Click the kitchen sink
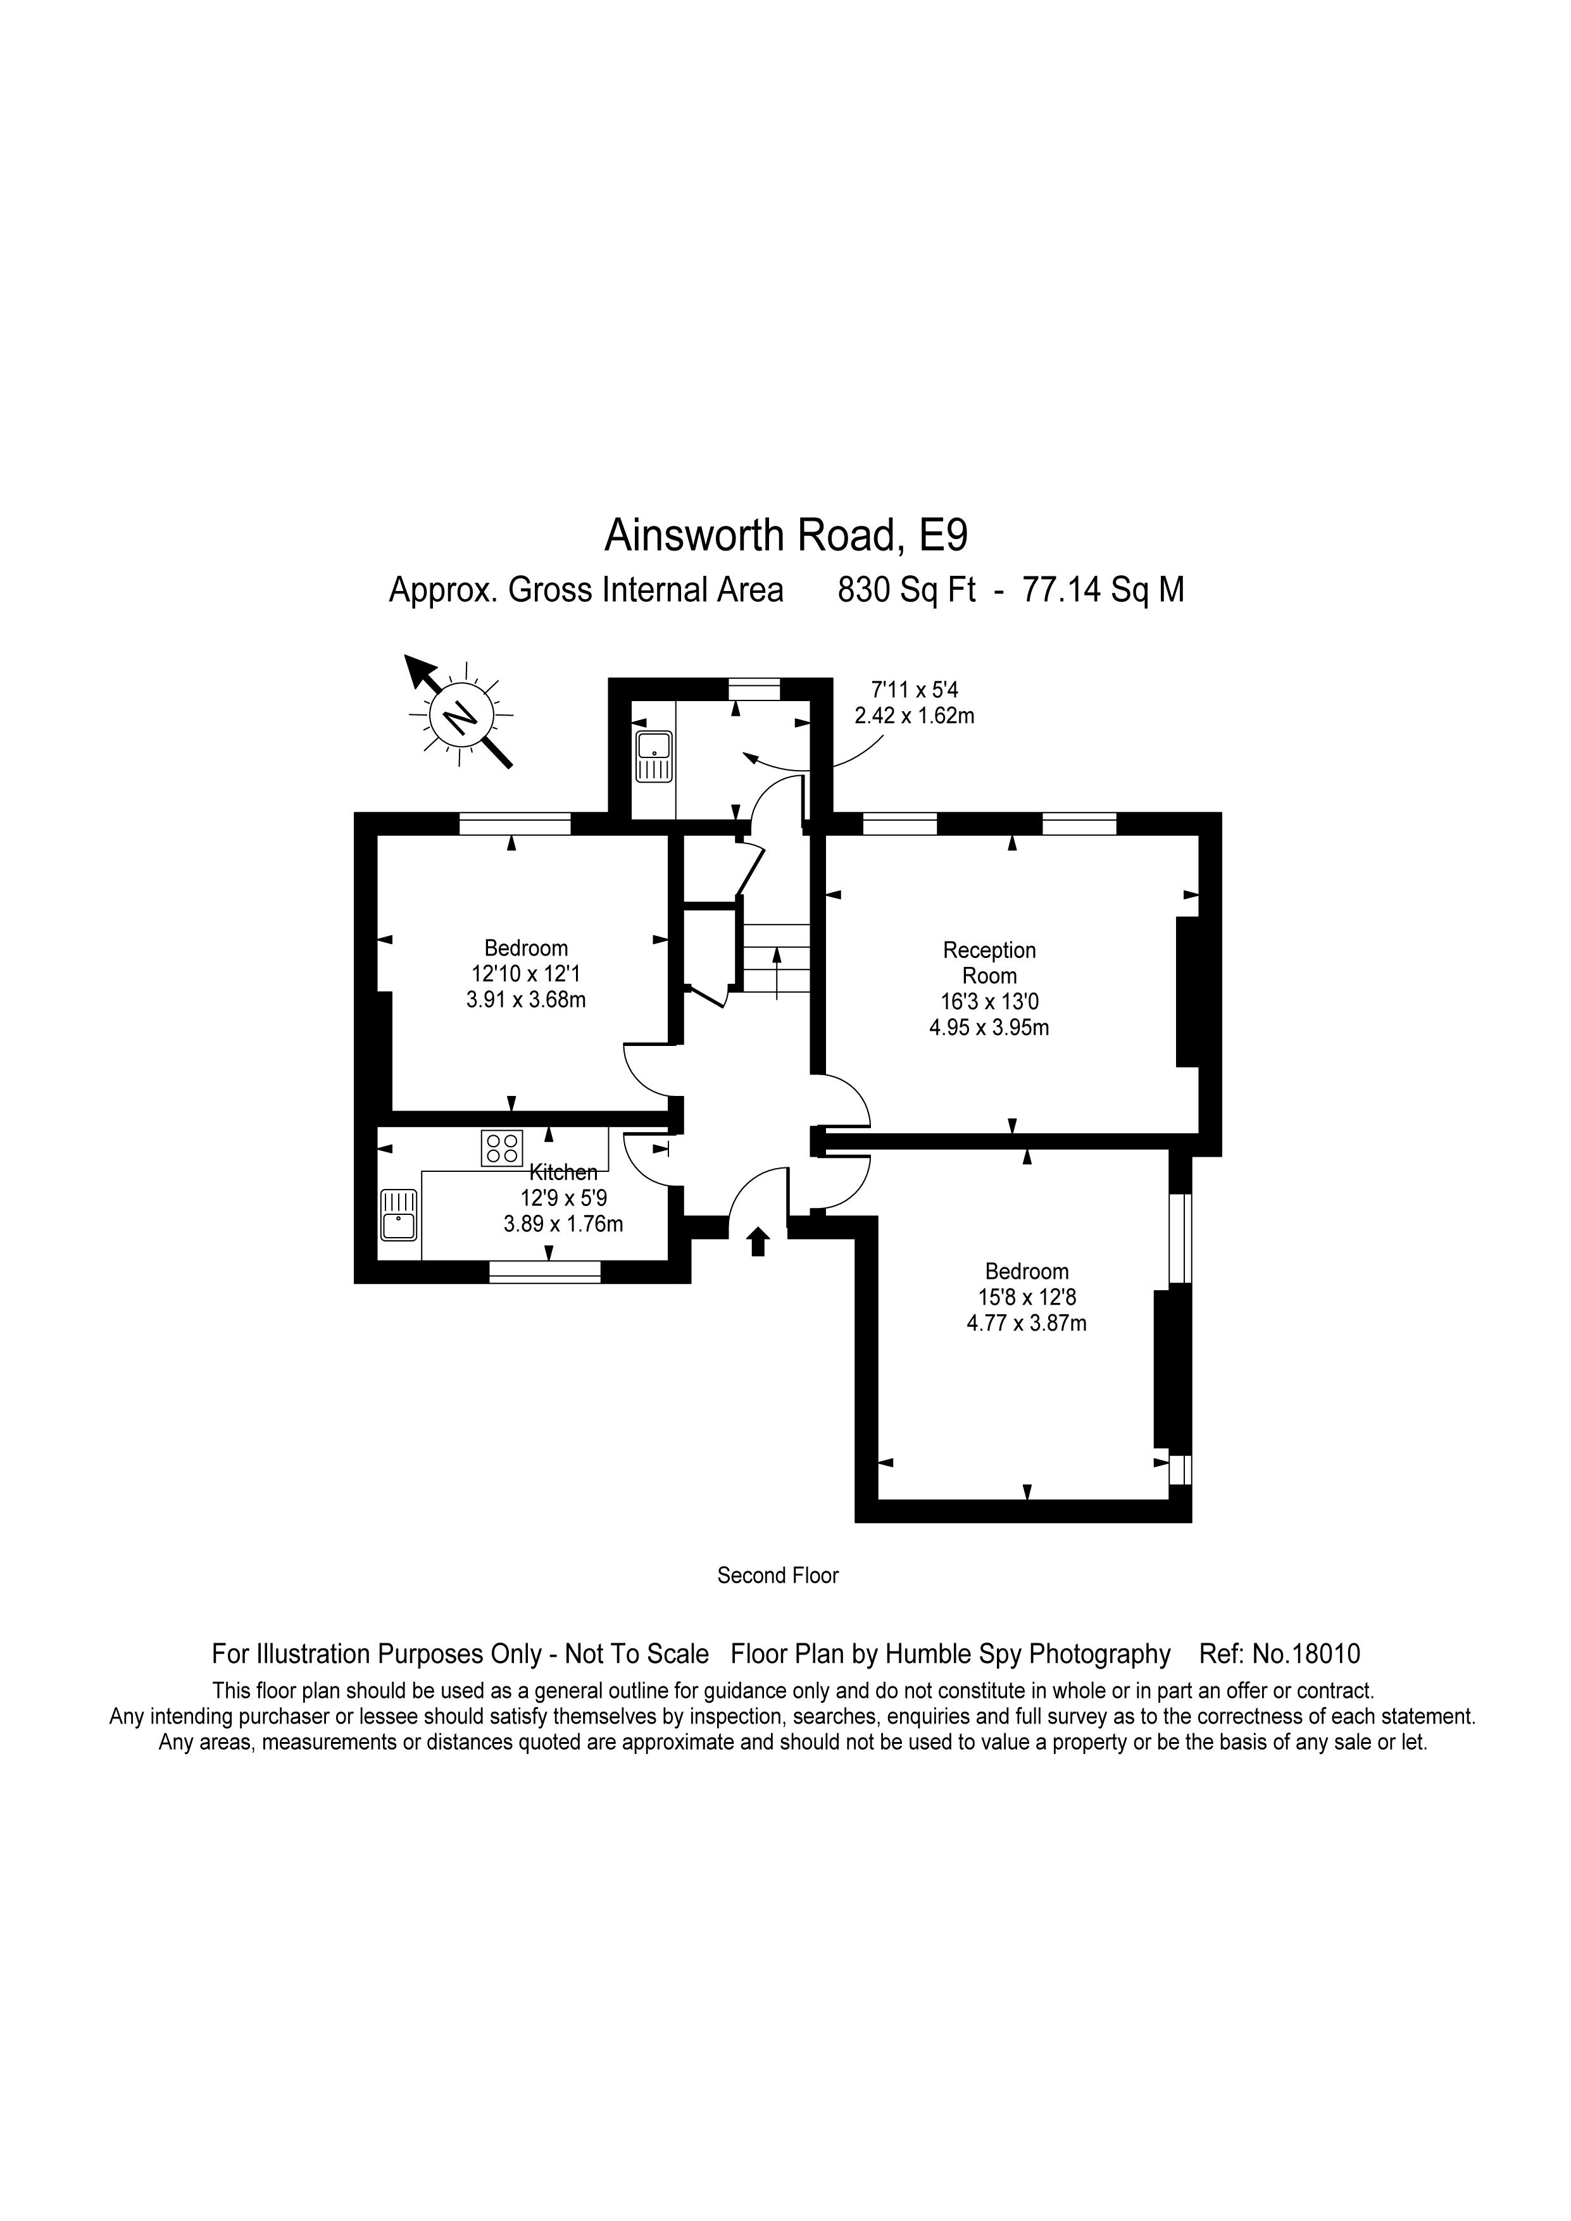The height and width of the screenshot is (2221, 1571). click(399, 1214)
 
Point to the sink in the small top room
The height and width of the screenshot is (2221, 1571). click(654, 756)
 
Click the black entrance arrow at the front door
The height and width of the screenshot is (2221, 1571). click(758, 1241)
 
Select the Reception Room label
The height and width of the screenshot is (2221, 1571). click(989, 962)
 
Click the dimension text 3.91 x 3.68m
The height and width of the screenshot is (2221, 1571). click(526, 999)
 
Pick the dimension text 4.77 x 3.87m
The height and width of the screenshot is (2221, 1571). click(1027, 1322)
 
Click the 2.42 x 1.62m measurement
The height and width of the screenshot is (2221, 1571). click(914, 716)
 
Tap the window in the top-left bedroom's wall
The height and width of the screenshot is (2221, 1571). click(515, 823)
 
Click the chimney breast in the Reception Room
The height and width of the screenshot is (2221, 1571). click(1187, 992)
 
